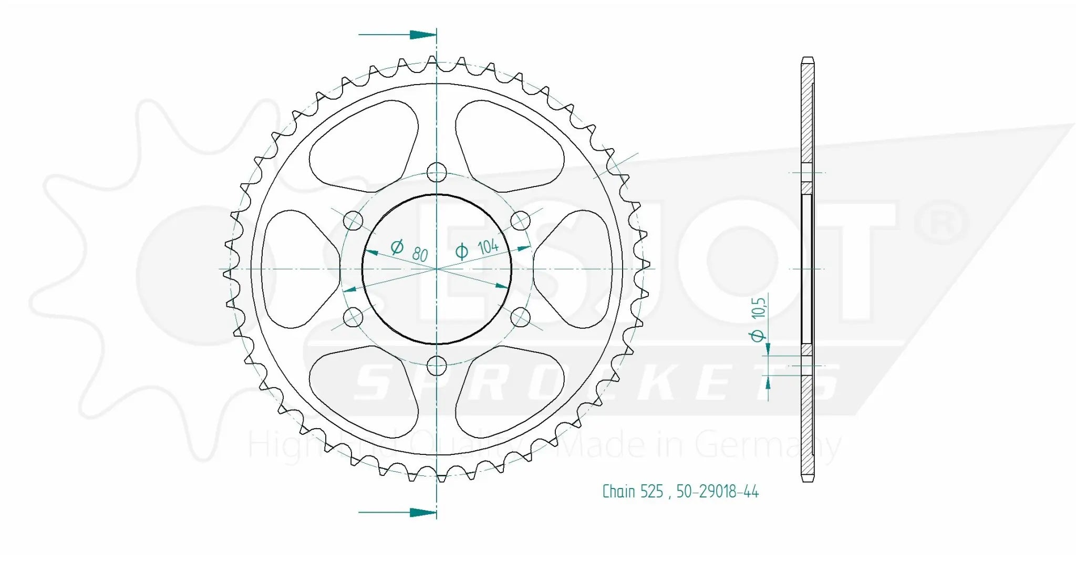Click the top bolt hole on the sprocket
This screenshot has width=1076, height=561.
point(437,172)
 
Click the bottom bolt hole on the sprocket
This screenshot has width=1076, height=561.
point(437,366)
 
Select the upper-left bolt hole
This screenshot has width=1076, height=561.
point(353,221)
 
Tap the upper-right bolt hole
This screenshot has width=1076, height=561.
point(521,221)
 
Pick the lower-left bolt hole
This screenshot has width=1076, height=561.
point(353,317)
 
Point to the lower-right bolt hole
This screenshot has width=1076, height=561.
point(521,317)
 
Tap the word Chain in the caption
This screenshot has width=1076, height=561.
point(618,492)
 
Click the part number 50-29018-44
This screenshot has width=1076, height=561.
point(717,492)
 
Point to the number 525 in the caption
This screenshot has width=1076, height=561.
point(652,492)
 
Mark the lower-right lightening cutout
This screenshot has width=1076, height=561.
point(510,391)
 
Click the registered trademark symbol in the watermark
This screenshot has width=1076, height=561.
point(941,222)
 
